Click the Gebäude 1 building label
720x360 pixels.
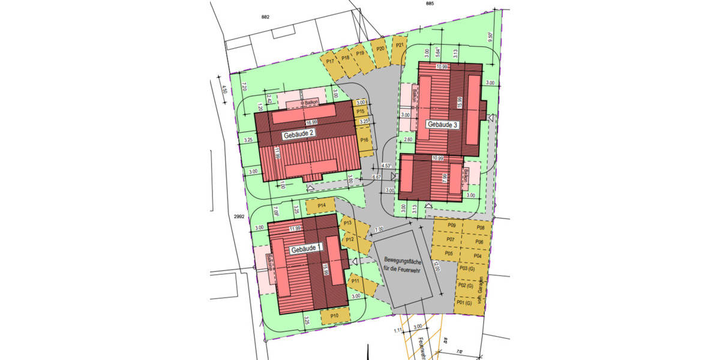[306, 248]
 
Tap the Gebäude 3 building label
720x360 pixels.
[442, 125]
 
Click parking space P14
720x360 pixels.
[322, 206]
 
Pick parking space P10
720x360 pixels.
[335, 315]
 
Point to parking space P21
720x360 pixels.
[400, 46]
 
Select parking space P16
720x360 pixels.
[365, 140]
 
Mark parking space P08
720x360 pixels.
[480, 227]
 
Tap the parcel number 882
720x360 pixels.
[266, 17]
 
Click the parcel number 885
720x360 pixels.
[430, 4]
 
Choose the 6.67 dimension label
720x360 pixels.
[377, 178]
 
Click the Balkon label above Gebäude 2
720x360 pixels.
[311, 103]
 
